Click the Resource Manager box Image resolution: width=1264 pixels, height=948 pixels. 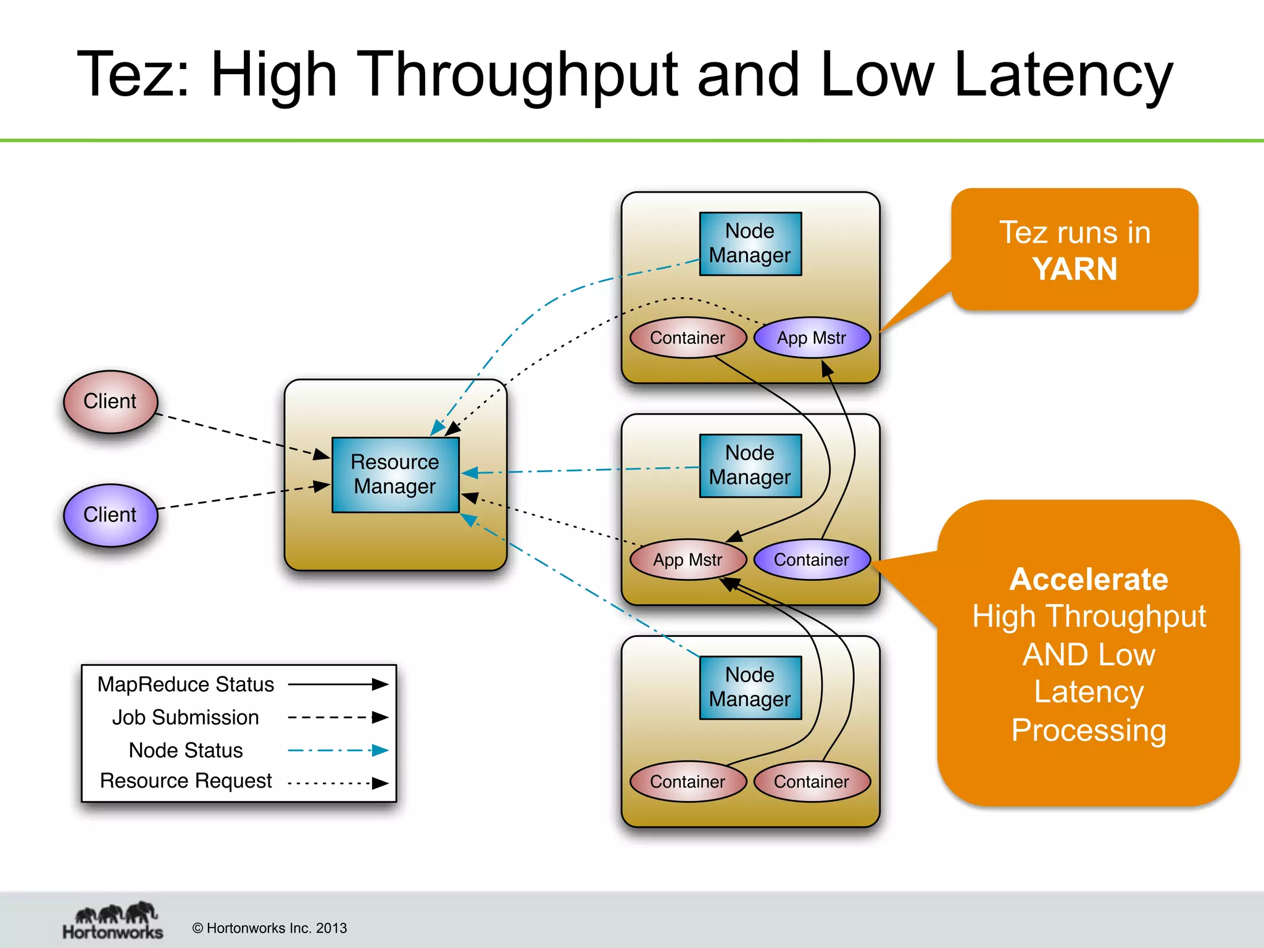tap(395, 475)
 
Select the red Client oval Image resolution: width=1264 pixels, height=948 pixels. tap(110, 402)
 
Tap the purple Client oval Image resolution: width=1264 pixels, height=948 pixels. tap(110, 515)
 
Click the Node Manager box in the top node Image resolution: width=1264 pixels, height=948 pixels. tap(750, 244)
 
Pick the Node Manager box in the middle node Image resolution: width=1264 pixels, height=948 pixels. tap(750, 465)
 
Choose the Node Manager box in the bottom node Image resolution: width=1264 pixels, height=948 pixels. tap(750, 687)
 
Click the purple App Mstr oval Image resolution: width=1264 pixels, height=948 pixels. tap(812, 338)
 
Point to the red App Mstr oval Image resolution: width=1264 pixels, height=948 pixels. tap(688, 560)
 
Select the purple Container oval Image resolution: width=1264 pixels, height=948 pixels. tap(812, 560)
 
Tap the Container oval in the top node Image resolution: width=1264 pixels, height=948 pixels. tap(688, 338)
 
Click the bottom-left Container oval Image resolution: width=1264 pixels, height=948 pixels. tap(688, 781)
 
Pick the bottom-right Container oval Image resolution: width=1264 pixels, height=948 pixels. tap(812, 781)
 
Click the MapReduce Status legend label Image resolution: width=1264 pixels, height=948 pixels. tap(186, 684)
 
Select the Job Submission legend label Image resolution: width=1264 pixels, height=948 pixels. tap(186, 717)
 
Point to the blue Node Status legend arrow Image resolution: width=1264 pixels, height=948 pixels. tap(338, 750)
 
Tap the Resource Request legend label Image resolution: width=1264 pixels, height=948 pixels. tap(186, 781)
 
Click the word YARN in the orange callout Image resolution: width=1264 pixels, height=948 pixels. tap(1075, 269)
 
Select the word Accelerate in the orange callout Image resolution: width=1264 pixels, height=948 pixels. tap(1089, 580)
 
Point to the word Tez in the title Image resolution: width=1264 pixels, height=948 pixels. tap(133, 75)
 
